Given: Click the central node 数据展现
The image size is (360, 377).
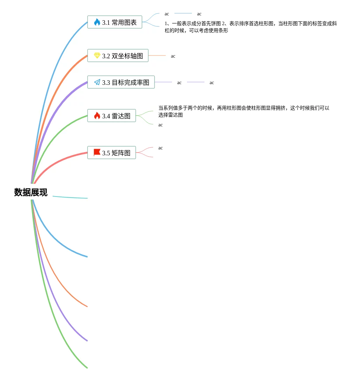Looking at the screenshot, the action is pyautogui.click(x=31, y=192).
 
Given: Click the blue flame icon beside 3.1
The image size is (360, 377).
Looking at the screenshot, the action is pyautogui.click(x=97, y=22).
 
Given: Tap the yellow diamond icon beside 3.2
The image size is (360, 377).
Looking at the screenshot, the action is pyautogui.click(x=97, y=56).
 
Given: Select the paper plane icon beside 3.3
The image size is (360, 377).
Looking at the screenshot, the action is pyautogui.click(x=97, y=82).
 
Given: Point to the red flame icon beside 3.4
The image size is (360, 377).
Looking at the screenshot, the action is pyautogui.click(x=97, y=116).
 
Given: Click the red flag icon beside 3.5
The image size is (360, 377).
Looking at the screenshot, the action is pyautogui.click(x=97, y=153).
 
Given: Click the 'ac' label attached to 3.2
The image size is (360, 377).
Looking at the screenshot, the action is pyautogui.click(x=173, y=56).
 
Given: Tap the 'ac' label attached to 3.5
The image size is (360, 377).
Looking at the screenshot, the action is pyautogui.click(x=160, y=148).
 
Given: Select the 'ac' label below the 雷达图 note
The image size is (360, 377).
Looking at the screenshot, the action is pyautogui.click(x=160, y=125).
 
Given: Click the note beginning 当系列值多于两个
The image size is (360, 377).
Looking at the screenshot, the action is pyautogui.click(x=243, y=111).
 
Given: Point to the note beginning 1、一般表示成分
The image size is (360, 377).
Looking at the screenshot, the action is pyautogui.click(x=250, y=27).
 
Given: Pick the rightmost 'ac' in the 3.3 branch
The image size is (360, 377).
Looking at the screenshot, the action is pyautogui.click(x=212, y=83).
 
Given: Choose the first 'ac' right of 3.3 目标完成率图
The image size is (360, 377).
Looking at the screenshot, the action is pyautogui.click(x=179, y=83).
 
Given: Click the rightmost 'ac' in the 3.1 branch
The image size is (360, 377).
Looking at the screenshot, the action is pyautogui.click(x=199, y=14).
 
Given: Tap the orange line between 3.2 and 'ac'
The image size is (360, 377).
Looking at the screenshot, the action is pyautogui.click(x=157, y=56).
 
